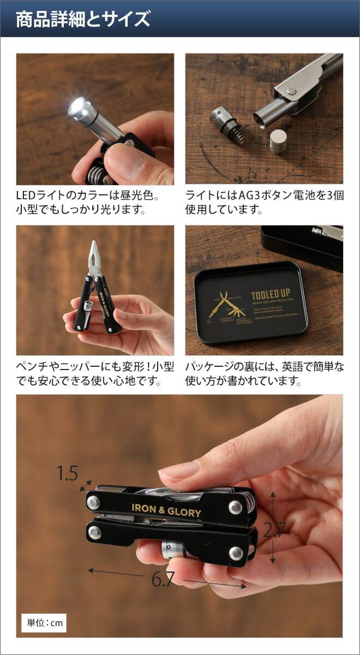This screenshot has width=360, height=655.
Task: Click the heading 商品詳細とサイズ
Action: [x=83, y=20]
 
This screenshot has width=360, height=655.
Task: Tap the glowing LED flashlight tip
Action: [x=78, y=106]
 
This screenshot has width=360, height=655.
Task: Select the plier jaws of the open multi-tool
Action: [x=94, y=258]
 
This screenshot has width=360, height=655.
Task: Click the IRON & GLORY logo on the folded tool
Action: [x=166, y=510]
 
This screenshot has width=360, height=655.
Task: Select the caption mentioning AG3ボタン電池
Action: [x=265, y=202]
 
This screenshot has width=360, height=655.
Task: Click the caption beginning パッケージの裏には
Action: [x=265, y=373]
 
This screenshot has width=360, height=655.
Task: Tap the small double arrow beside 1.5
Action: [x=86, y=486]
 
